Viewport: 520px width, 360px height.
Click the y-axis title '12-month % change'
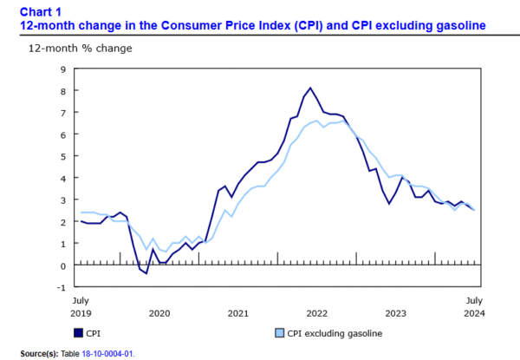[81, 47]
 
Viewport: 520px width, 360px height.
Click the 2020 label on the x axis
[159, 312]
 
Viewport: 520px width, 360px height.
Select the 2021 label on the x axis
[237, 312]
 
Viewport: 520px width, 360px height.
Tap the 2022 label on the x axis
[316, 312]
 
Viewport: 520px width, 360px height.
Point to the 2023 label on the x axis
[395, 312]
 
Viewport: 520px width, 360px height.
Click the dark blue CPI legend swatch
[78, 332]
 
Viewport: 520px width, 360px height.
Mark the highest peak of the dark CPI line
[310, 88]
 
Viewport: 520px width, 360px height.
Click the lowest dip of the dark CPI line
[146, 273]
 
